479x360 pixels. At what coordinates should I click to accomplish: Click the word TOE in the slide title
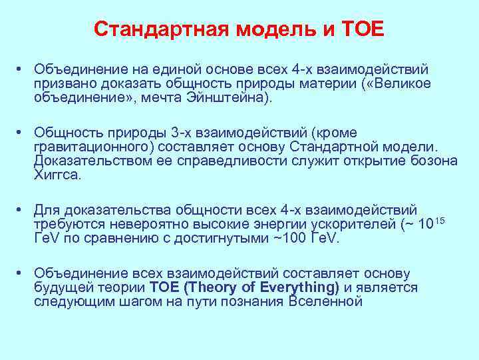[362, 29]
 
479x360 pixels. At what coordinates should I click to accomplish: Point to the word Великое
[404, 83]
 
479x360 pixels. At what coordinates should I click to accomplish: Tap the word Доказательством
[87, 161]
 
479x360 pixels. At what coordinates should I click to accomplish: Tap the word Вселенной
[325, 301]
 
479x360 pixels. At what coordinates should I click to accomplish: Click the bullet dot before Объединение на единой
[22, 69]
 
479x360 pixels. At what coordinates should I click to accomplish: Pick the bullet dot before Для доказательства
[22, 209]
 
